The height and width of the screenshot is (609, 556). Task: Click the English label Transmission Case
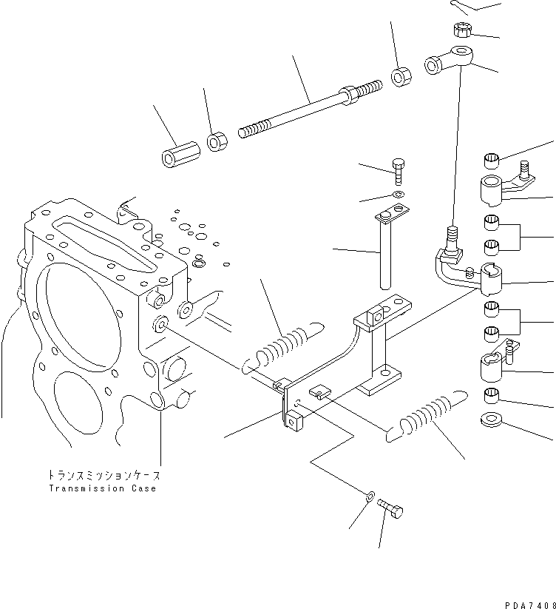pos(103,489)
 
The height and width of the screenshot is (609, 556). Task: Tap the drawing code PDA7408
pos(528,604)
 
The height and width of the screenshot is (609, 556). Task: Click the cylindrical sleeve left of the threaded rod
pos(177,155)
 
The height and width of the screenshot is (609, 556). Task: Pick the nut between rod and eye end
pos(400,76)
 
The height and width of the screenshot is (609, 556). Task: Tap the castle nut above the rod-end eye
pos(461,30)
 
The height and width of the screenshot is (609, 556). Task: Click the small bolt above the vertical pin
pos(399,171)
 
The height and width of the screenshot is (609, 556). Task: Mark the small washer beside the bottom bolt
pos(370,495)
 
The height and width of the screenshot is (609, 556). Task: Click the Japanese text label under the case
pos(104,475)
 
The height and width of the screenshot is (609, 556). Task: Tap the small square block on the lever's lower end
pos(296,424)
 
